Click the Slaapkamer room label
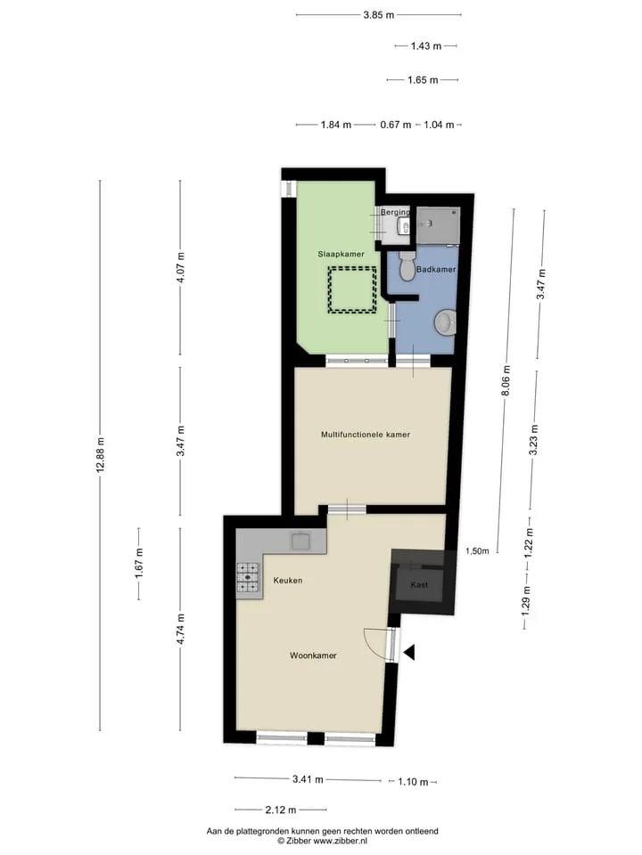pos(341,254)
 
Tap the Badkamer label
pos(436,269)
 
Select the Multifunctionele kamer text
pos(366,435)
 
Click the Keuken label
pos(288,581)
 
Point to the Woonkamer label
pos(313,655)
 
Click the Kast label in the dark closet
pos(419,584)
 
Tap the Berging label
pos(395,212)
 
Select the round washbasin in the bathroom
pos(446,322)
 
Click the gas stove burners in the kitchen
pos(247,577)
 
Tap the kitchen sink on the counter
pos(300,541)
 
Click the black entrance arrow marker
pos(409,652)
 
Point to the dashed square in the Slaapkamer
pos(352,289)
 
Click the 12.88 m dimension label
pos(101,454)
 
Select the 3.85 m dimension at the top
pos(379,15)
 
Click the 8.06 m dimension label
pos(506,381)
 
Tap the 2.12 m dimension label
pos(281,810)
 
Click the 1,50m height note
pos(477,551)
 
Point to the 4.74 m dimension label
pos(181,629)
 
